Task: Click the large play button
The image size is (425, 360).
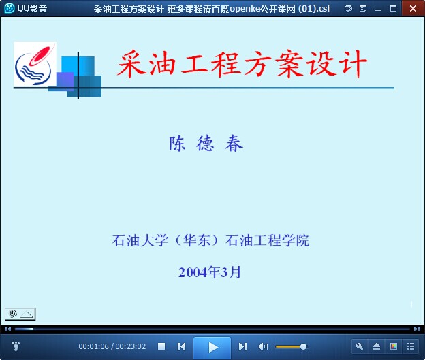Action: click(212, 347)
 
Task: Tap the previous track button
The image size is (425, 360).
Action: click(181, 346)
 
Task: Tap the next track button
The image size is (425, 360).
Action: click(242, 346)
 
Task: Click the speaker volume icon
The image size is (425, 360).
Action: click(263, 346)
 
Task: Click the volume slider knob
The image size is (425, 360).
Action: click(303, 346)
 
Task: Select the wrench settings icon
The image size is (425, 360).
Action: click(360, 346)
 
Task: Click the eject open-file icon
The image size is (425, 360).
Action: click(377, 346)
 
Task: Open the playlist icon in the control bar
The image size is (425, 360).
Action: click(411, 346)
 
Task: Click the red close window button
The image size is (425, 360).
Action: click(413, 8)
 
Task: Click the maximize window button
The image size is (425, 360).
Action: click(393, 9)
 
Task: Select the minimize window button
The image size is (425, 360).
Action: click(379, 10)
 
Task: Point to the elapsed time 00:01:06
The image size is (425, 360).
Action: click(93, 346)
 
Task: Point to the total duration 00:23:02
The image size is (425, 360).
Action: click(131, 346)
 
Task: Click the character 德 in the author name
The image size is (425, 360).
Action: click(205, 143)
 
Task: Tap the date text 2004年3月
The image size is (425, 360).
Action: click(210, 272)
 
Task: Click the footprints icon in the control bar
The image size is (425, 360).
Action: click(16, 346)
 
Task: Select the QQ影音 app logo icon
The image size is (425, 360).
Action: click(10, 8)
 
